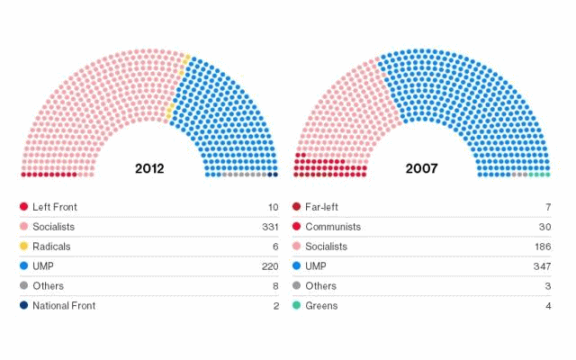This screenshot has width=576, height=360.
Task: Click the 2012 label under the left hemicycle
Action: click(x=149, y=167)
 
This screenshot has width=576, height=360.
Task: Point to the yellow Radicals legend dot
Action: click(x=23, y=247)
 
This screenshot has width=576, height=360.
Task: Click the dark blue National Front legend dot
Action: click(x=23, y=305)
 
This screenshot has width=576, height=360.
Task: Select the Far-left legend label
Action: click(x=321, y=207)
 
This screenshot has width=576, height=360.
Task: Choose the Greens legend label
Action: click(x=322, y=305)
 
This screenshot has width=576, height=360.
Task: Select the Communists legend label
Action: click(x=333, y=227)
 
